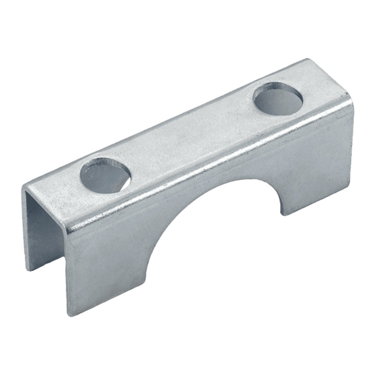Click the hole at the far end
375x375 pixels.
(278, 98)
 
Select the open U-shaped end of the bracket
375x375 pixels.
(44, 229)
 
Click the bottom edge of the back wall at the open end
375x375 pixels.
(29, 269)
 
